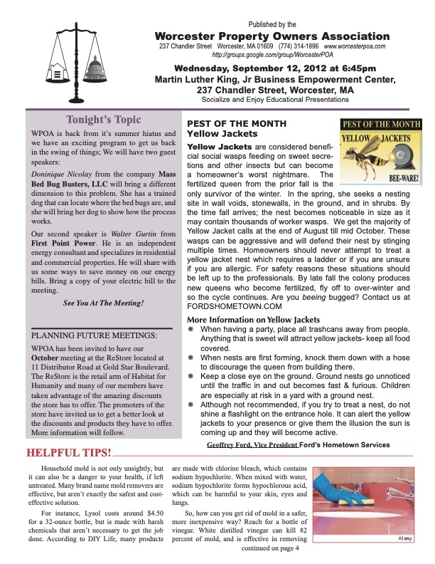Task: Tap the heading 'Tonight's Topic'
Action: pyautogui.click(x=103, y=120)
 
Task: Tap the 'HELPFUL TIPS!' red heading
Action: pyautogui.click(x=68, y=452)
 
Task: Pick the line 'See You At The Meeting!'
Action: pyautogui.click(x=103, y=303)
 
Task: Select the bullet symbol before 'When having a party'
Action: pyautogui.click(x=191, y=330)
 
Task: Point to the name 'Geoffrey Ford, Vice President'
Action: pyautogui.click(x=252, y=444)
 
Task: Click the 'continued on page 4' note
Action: pyautogui.click(x=271, y=548)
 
